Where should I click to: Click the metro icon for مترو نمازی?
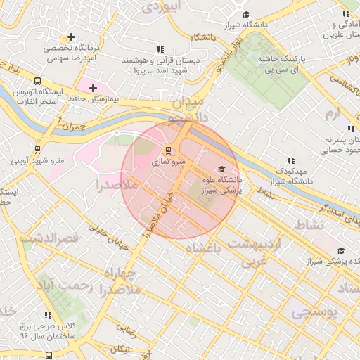[167, 150]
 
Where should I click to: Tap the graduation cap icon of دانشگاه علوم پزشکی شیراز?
[222, 169]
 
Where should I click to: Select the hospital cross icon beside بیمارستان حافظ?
[93, 87]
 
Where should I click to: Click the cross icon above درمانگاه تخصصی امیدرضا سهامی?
[71, 37]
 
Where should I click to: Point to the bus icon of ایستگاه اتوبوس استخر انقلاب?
[37, 80]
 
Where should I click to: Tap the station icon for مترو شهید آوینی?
[37, 149]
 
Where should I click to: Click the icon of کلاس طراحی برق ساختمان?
[48, 315]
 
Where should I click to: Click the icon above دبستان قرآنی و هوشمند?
[160, 49]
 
